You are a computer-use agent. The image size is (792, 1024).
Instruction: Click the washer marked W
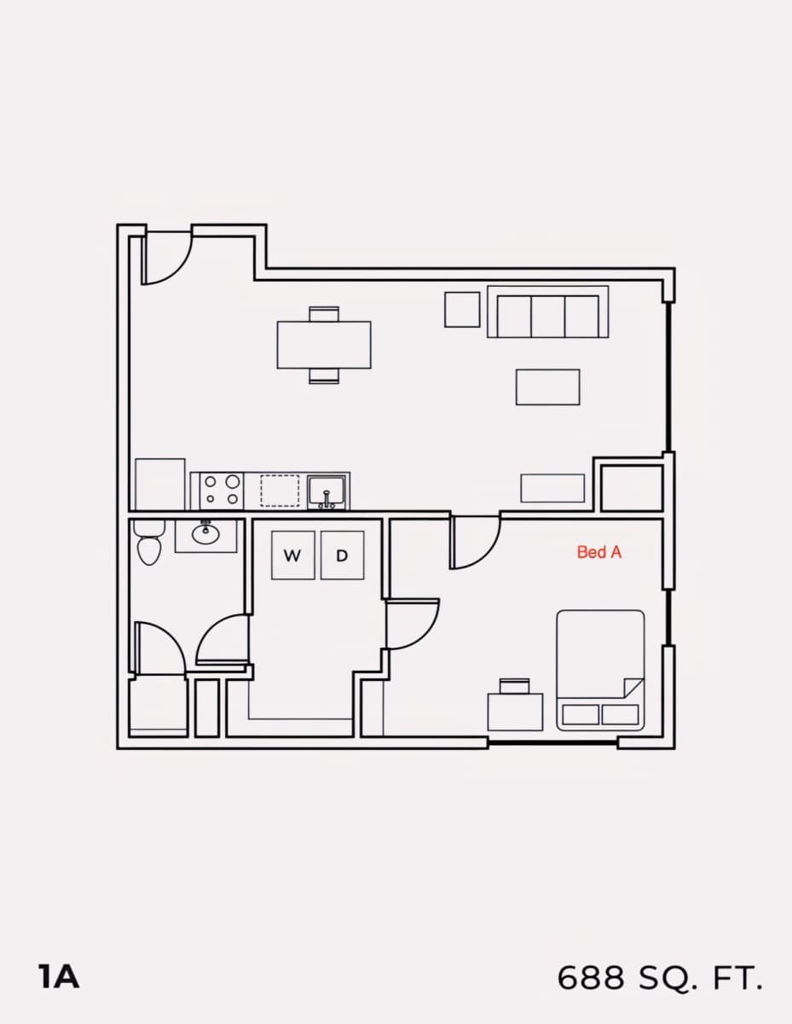click(x=292, y=556)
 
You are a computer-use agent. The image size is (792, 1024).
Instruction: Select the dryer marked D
click(x=342, y=556)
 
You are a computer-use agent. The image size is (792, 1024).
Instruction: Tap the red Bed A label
click(x=599, y=552)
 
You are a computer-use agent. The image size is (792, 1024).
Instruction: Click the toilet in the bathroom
click(x=149, y=543)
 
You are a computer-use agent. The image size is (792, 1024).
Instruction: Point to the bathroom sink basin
click(x=205, y=533)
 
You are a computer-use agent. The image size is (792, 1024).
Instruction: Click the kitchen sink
click(x=327, y=492)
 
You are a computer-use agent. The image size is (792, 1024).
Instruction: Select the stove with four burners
click(x=221, y=491)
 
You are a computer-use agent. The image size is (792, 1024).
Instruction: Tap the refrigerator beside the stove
click(x=160, y=485)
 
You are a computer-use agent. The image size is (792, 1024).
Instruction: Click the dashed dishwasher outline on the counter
click(x=280, y=491)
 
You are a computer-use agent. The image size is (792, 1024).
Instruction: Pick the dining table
click(x=324, y=345)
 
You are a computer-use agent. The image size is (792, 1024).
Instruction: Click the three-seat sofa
click(x=548, y=312)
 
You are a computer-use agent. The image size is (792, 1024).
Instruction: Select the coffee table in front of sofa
click(x=548, y=387)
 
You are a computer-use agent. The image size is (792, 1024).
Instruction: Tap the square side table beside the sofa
click(x=462, y=310)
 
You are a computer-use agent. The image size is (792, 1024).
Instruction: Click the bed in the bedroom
click(x=600, y=671)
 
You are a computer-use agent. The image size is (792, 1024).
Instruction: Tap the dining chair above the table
click(x=324, y=314)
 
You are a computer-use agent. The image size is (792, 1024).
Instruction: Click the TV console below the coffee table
click(x=552, y=488)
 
